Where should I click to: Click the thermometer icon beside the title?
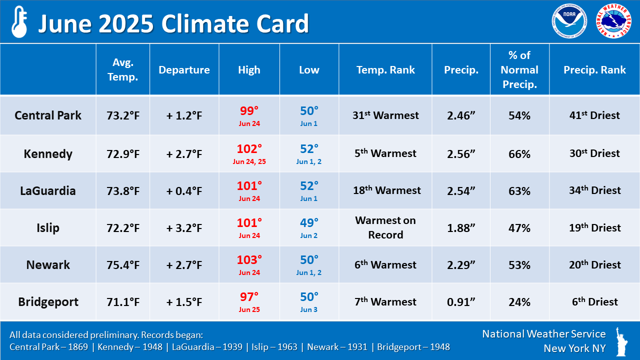coord(19,22)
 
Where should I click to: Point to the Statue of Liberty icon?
coord(622,341)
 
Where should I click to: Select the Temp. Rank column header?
coord(385,70)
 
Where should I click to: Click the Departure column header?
coord(184,70)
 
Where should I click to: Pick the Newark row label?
coord(48,265)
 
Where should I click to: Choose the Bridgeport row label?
coord(48,302)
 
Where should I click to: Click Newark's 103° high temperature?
coord(249,260)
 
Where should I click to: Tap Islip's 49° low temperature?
coord(309,223)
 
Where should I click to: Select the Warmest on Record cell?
coord(385,227)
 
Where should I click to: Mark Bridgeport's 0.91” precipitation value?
coord(461,302)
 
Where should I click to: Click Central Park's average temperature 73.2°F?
coord(122,115)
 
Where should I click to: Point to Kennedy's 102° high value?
coord(249,149)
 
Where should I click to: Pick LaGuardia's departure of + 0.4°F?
coord(184,191)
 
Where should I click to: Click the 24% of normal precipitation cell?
coord(519,302)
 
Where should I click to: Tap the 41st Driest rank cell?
coord(594,115)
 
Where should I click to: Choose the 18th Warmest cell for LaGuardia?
coord(385,190)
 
